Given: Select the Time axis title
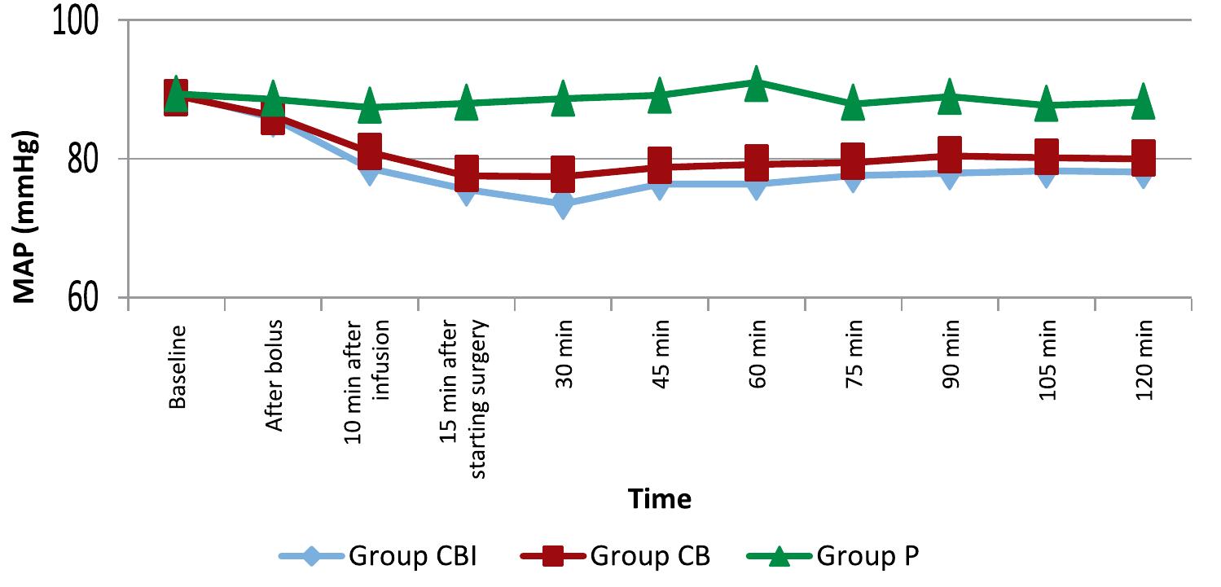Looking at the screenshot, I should (x=659, y=498).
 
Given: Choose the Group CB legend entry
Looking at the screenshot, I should (x=615, y=557).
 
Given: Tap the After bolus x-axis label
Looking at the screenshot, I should (x=274, y=375).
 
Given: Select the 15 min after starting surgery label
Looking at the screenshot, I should (x=466, y=399).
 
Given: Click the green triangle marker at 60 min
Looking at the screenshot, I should (x=756, y=83).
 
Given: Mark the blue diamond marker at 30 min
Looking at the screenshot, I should (x=563, y=204).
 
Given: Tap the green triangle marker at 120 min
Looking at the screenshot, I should (x=1143, y=102).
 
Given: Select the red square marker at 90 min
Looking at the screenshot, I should (x=950, y=155).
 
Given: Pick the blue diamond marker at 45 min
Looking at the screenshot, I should (x=659, y=185).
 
